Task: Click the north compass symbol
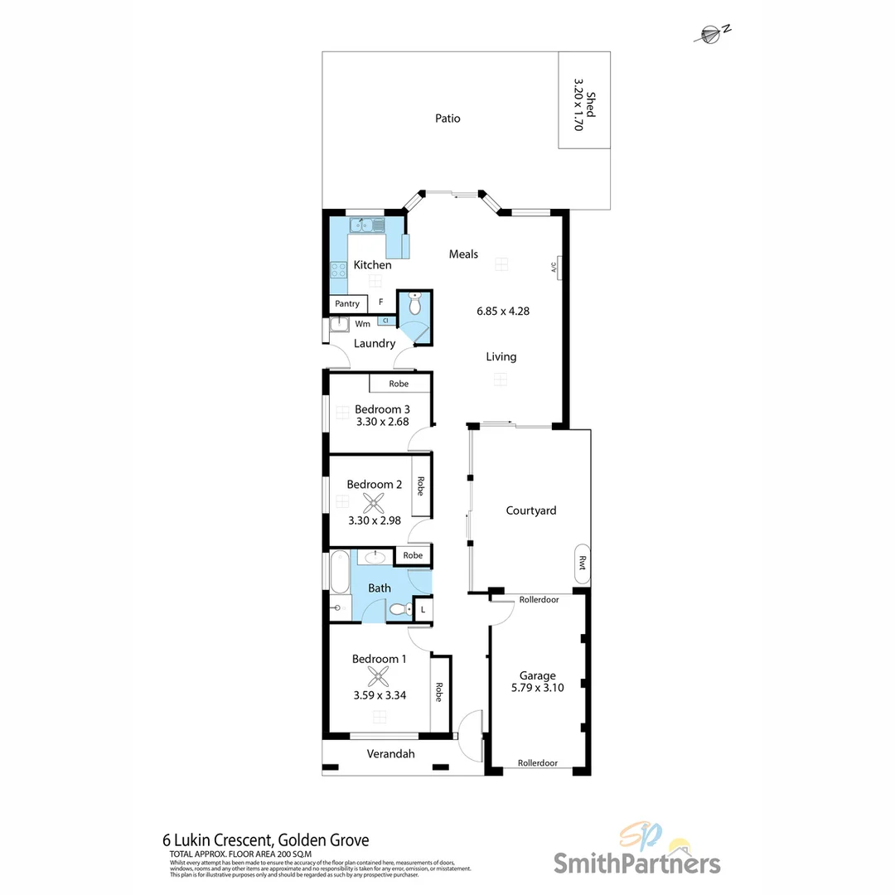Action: (x=710, y=33)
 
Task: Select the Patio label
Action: (x=447, y=119)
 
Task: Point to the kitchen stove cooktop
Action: (x=338, y=269)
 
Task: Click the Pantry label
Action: (x=347, y=304)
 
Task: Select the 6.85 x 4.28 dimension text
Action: (x=502, y=312)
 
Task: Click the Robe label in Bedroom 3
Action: (x=399, y=384)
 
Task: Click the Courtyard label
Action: (x=531, y=510)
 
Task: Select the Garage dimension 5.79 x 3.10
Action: (x=538, y=687)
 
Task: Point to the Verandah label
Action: (x=391, y=754)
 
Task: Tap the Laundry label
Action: (x=375, y=343)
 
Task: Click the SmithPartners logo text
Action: (x=636, y=863)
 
